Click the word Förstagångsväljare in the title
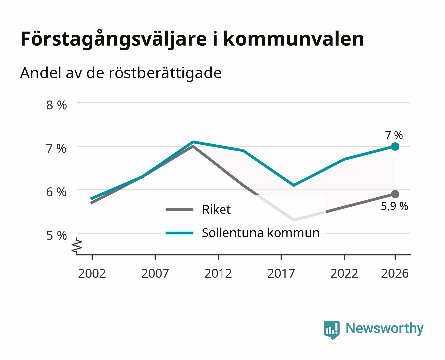[114, 40]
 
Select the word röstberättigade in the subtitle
[165, 73]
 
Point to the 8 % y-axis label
[56, 105]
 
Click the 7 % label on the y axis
[56, 149]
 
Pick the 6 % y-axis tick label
[56, 192]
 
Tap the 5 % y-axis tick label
[56, 235]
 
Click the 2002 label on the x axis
[92, 273]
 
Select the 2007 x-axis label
[155, 273]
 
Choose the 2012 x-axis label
[218, 273]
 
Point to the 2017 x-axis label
[281, 273]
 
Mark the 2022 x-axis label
[344, 273]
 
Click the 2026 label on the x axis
[395, 273]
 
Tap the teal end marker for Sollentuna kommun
[395, 146]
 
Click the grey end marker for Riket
[395, 194]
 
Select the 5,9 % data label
[394, 206]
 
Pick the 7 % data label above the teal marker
[394, 135]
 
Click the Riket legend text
[217, 209]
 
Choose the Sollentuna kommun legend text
[261, 233]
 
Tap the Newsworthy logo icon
[332, 330]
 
